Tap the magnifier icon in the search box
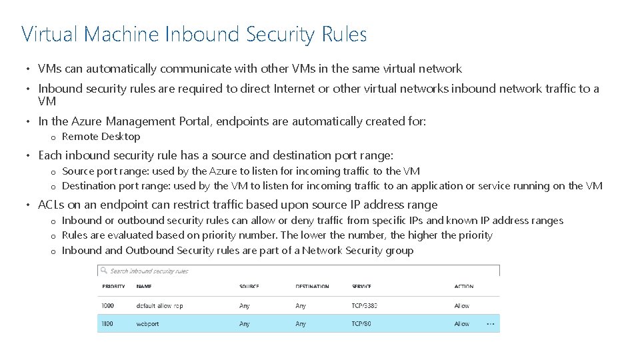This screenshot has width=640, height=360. coord(104,271)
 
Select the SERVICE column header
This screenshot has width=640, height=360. coord(362,287)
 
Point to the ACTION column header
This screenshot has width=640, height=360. coord(464,287)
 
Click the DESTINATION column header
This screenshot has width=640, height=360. coord(312,287)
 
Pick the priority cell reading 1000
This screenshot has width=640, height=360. coord(109,306)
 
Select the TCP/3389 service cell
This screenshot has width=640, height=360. coord(365,306)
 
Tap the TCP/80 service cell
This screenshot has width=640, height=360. coord(362,324)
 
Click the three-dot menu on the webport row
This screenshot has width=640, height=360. coord(491,324)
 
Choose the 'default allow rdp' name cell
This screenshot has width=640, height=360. coord(159,306)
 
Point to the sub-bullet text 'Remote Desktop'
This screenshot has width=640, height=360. coord(101,137)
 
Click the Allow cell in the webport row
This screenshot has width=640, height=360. coord(461,324)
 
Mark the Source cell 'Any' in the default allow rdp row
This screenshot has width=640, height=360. coord(245,306)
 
